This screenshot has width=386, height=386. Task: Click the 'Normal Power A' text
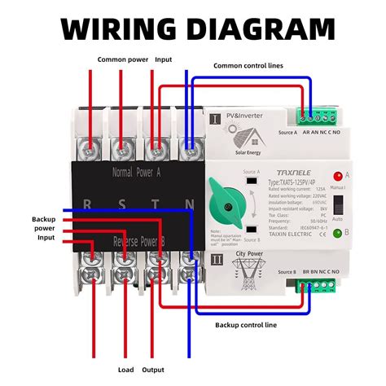click(x=138, y=173)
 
